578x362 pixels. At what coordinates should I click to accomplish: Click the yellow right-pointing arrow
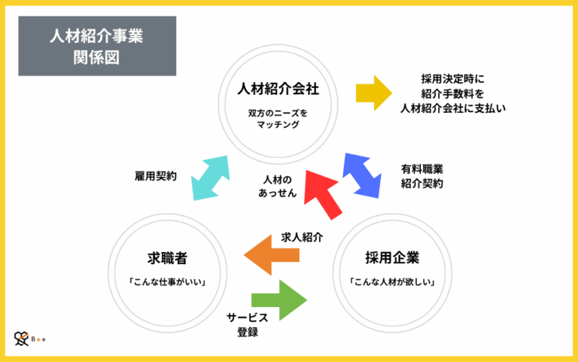pos(373,93)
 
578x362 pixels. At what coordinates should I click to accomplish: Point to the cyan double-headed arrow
pos(210,178)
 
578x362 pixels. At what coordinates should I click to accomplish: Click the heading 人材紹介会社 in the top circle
pos(278,89)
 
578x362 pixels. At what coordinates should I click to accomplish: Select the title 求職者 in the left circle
pos(167,258)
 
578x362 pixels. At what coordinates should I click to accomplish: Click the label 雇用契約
pos(155,175)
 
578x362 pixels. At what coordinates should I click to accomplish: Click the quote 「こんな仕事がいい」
pos(167,282)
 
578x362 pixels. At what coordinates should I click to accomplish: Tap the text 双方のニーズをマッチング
pos(278,119)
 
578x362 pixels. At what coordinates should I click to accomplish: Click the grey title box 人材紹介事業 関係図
pos(96,46)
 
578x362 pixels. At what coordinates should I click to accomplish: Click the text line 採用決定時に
pos(452,78)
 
